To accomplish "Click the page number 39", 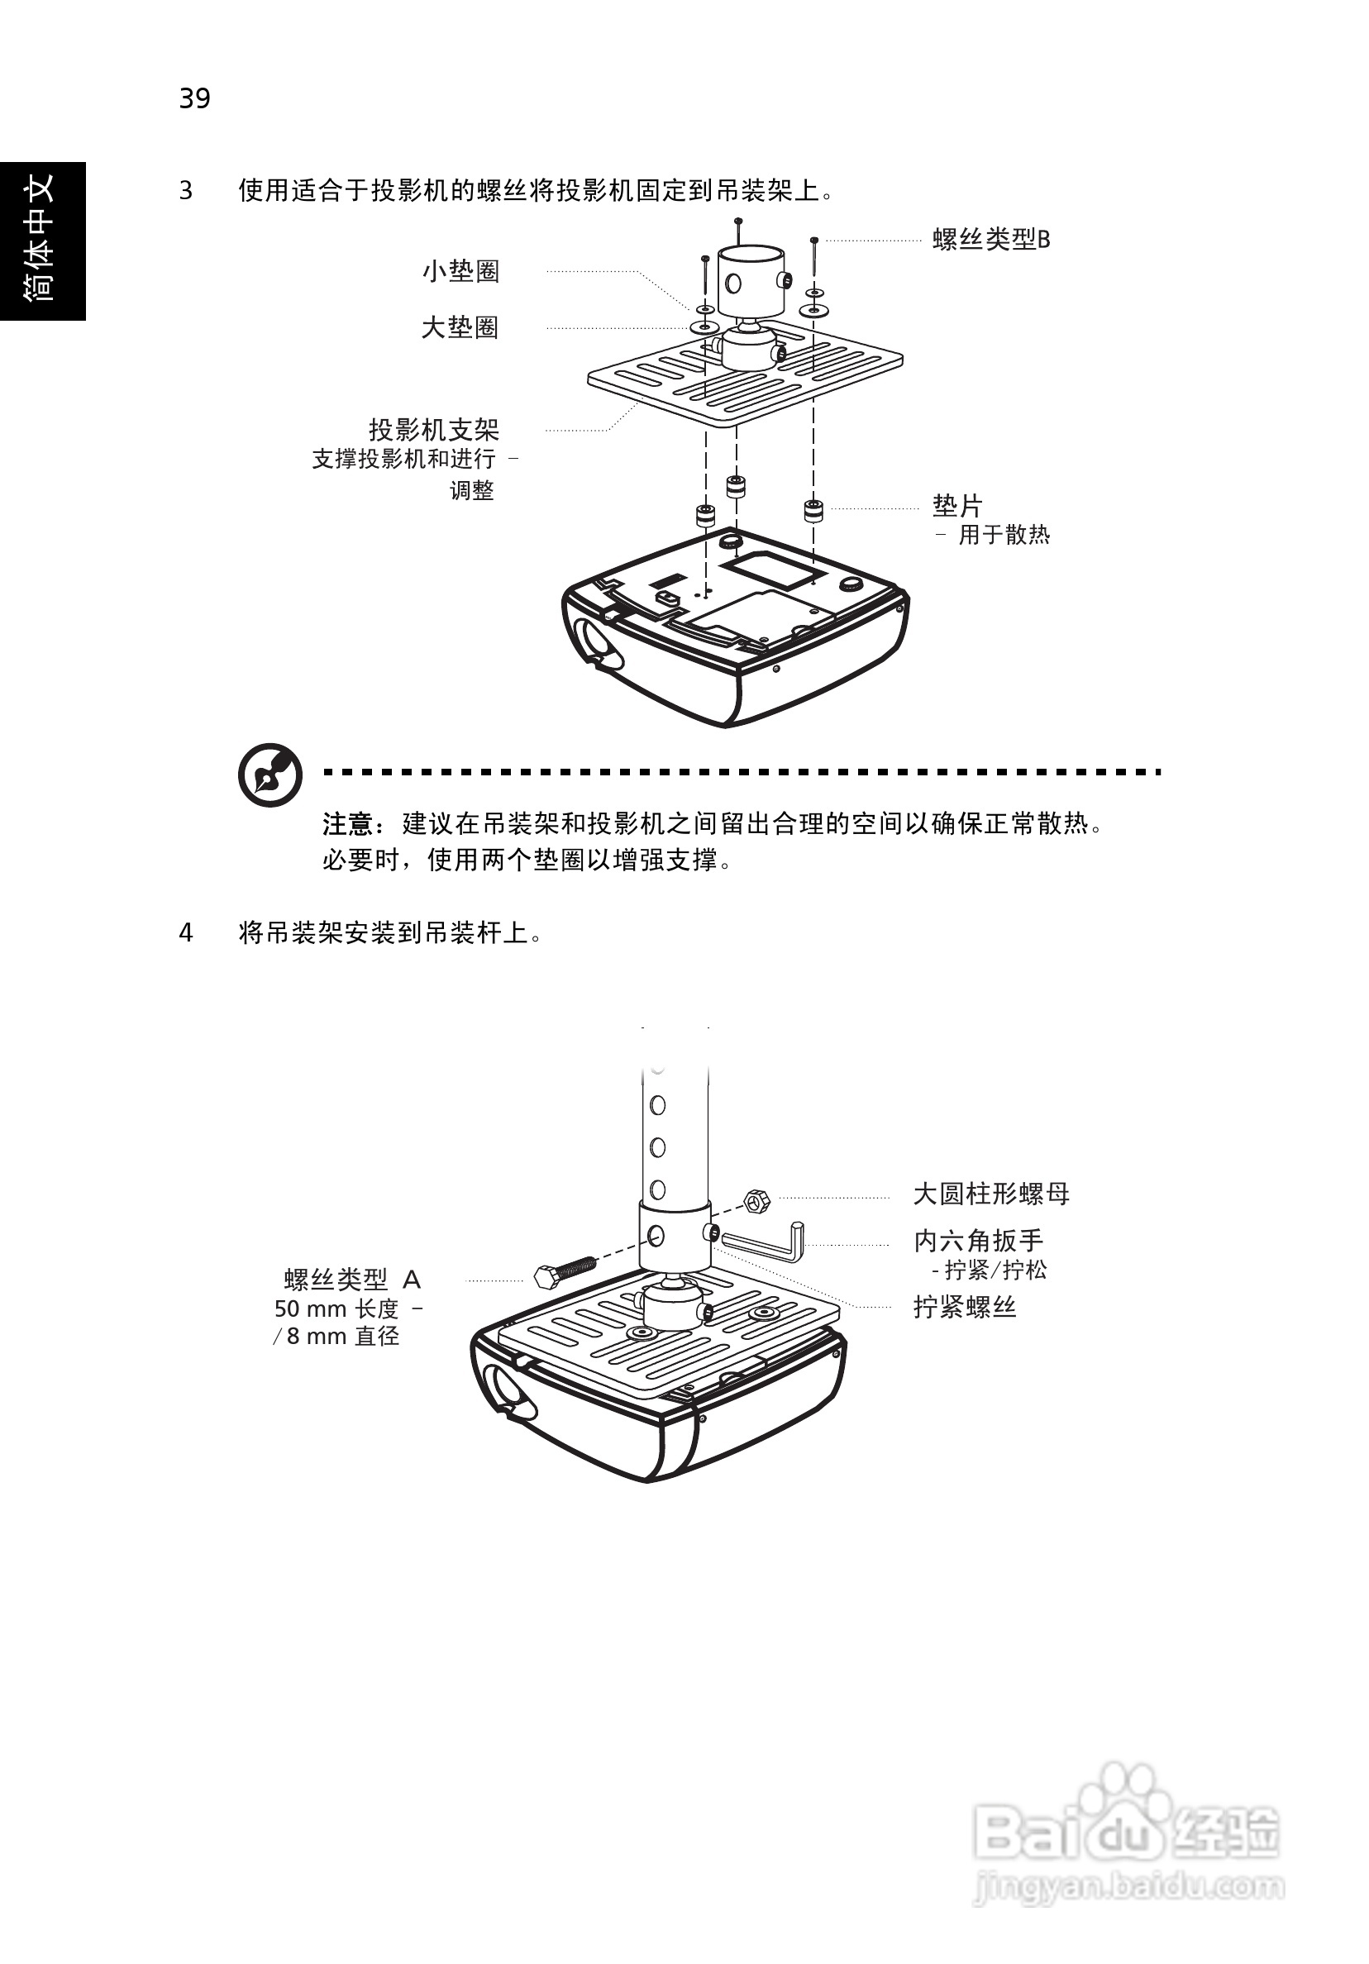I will (194, 98).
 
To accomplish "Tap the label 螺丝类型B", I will (991, 240).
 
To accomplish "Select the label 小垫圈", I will (460, 271).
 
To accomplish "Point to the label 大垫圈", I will (460, 327).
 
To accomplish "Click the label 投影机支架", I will (434, 429).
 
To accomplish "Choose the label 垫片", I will (956, 506).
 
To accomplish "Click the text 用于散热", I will (1003, 535).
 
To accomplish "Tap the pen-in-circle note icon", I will (270, 775).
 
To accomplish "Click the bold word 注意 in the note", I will (347, 824).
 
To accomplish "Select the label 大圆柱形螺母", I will (991, 1194).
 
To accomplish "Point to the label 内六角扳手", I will (978, 1241).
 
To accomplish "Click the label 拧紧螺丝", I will (964, 1307).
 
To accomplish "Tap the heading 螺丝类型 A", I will (351, 1280).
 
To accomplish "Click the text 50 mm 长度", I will (336, 1309).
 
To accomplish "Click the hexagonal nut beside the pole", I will (756, 1201).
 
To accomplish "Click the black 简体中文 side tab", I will (43, 241).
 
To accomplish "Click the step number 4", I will (186, 932).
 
